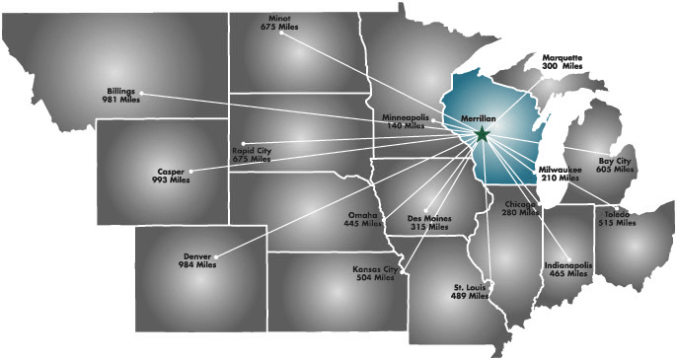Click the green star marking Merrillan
(x=482, y=133)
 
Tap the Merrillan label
(x=479, y=118)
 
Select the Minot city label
(x=280, y=18)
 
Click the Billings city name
(x=120, y=91)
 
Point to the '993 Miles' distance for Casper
(x=172, y=180)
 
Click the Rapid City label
(x=251, y=150)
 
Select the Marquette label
(x=563, y=57)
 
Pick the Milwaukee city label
(x=560, y=170)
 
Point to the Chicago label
(x=520, y=203)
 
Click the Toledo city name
(x=617, y=214)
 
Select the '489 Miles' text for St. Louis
(x=471, y=296)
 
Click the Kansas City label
(x=375, y=268)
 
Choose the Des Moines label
(x=428, y=217)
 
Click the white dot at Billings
(x=142, y=94)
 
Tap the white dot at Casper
(x=192, y=171)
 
